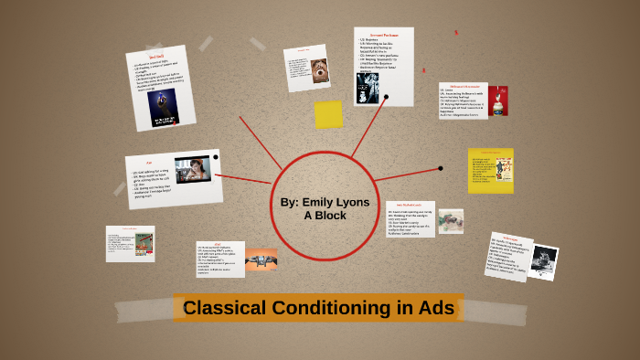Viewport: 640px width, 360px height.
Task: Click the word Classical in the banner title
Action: pos(224,308)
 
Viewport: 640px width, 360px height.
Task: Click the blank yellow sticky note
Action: pos(328,114)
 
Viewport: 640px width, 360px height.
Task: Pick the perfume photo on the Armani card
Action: pos(368,88)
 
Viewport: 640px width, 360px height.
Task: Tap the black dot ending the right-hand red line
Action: pos(441,168)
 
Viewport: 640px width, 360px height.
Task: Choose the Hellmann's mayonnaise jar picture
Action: pos(498,101)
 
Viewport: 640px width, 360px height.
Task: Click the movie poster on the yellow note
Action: pos(503,171)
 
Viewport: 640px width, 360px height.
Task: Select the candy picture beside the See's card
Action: pos(451,221)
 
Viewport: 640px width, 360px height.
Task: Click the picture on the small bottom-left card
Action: pos(143,242)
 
